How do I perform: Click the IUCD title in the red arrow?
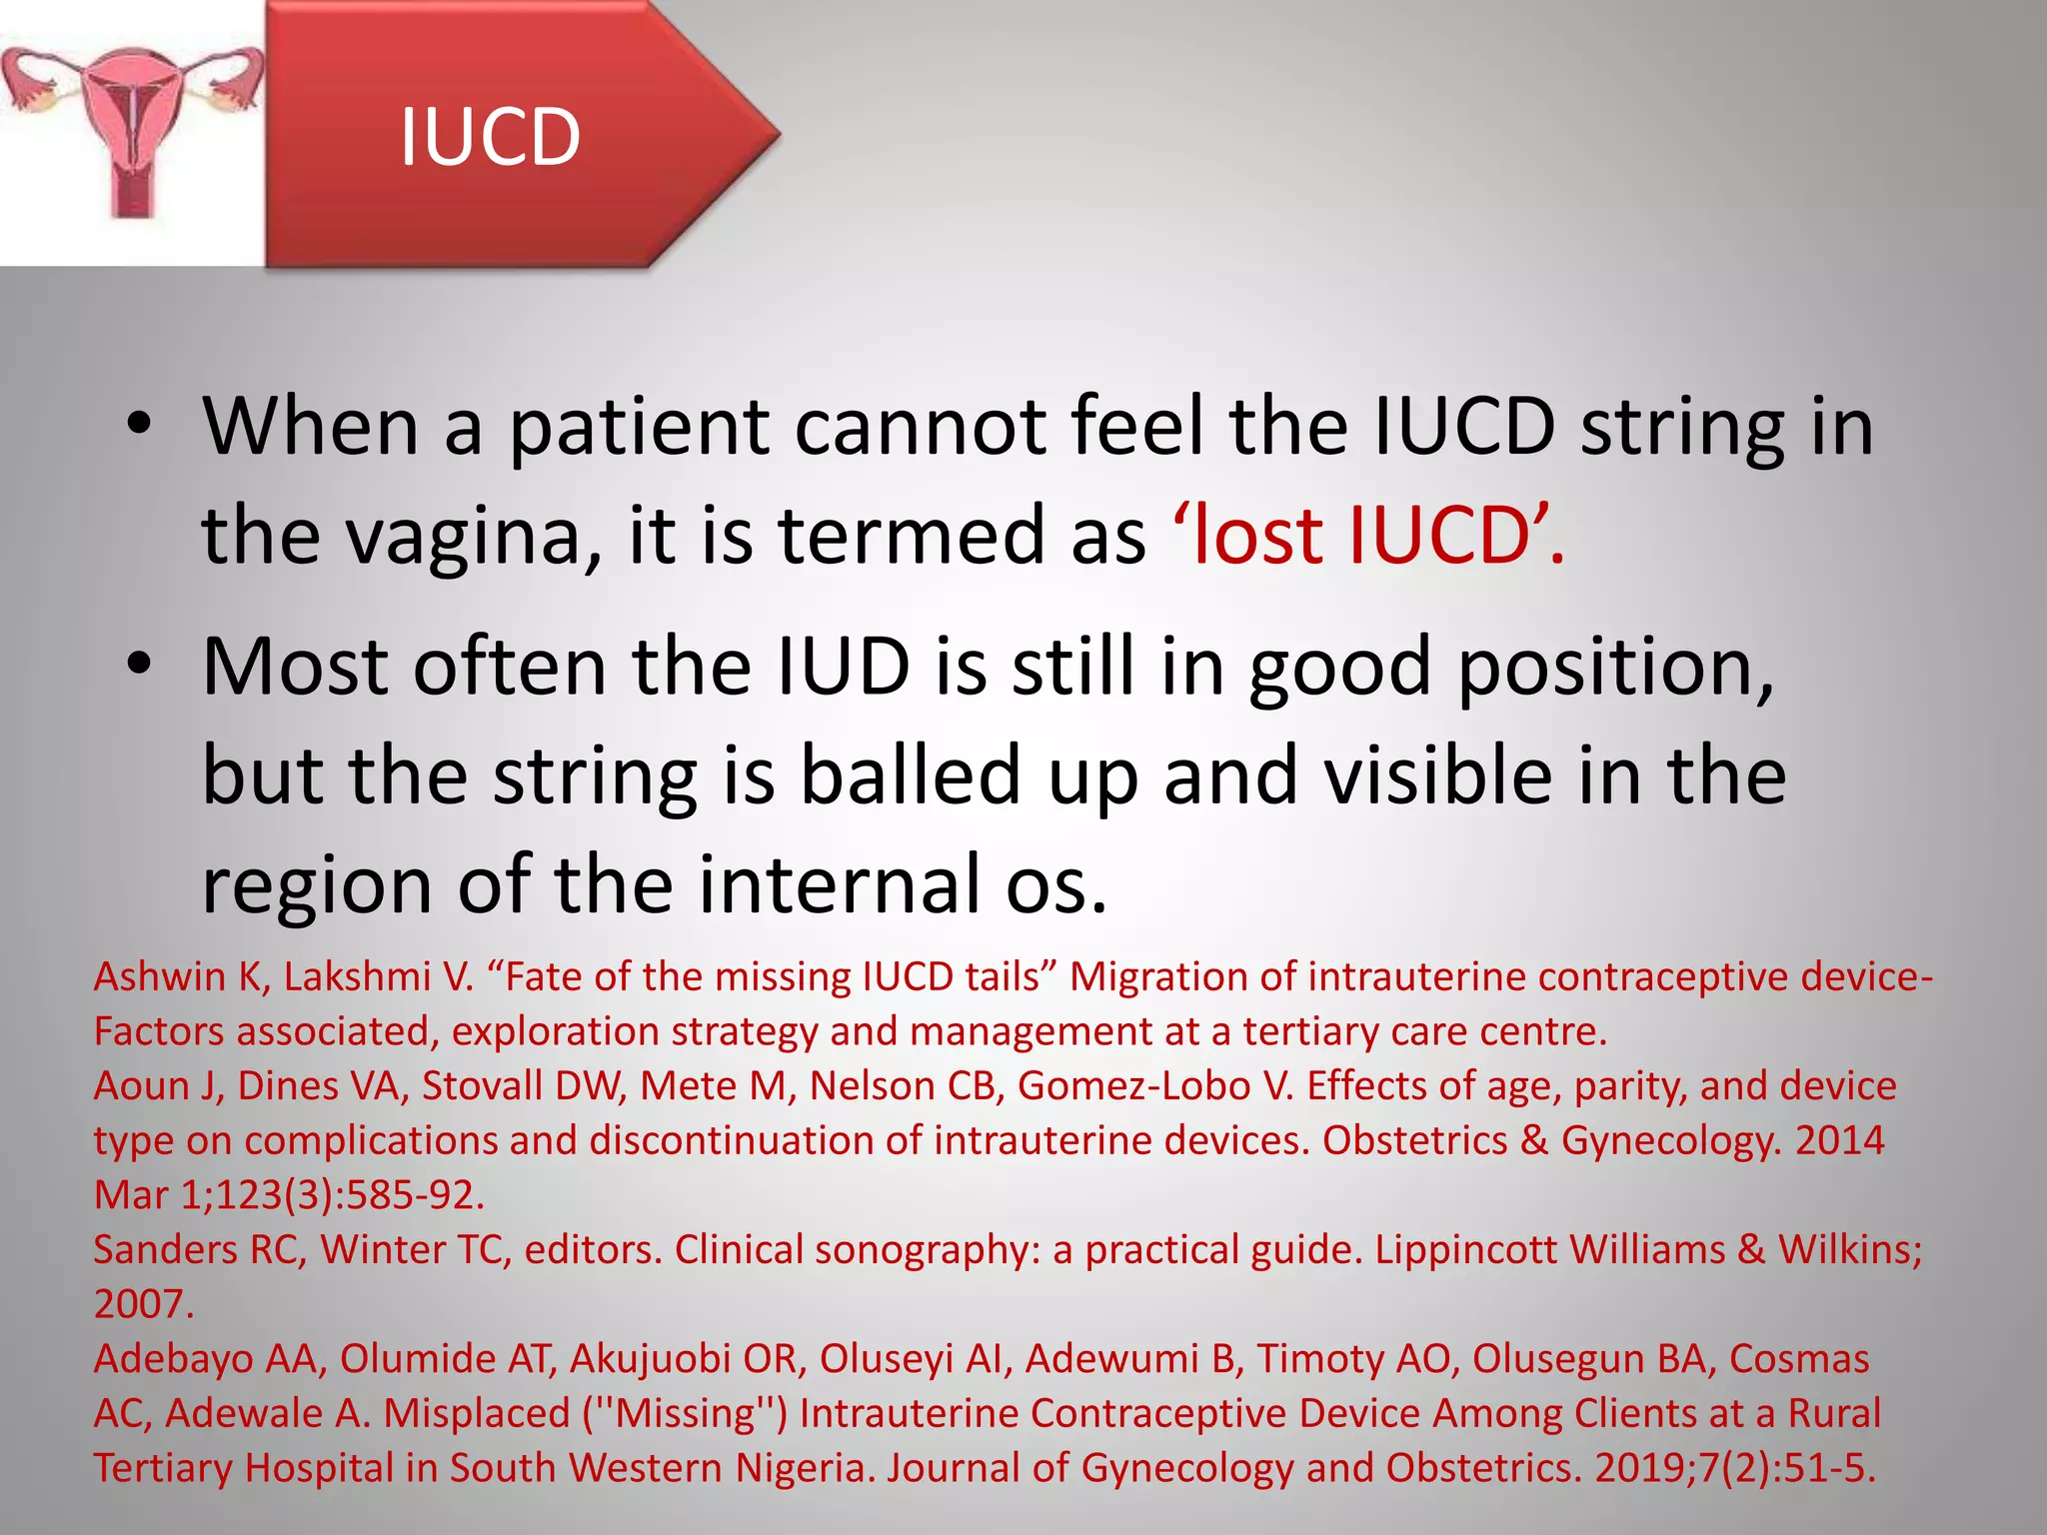pyautogui.click(x=490, y=137)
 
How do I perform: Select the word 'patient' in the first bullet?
pyautogui.click(x=639, y=427)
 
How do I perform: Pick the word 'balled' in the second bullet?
pyautogui.click(x=910, y=775)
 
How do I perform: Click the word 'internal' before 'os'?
pyautogui.click(x=840, y=884)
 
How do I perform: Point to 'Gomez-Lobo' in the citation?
pyautogui.click(x=1134, y=1086)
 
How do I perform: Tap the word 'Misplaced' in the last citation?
pyautogui.click(x=477, y=1413)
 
